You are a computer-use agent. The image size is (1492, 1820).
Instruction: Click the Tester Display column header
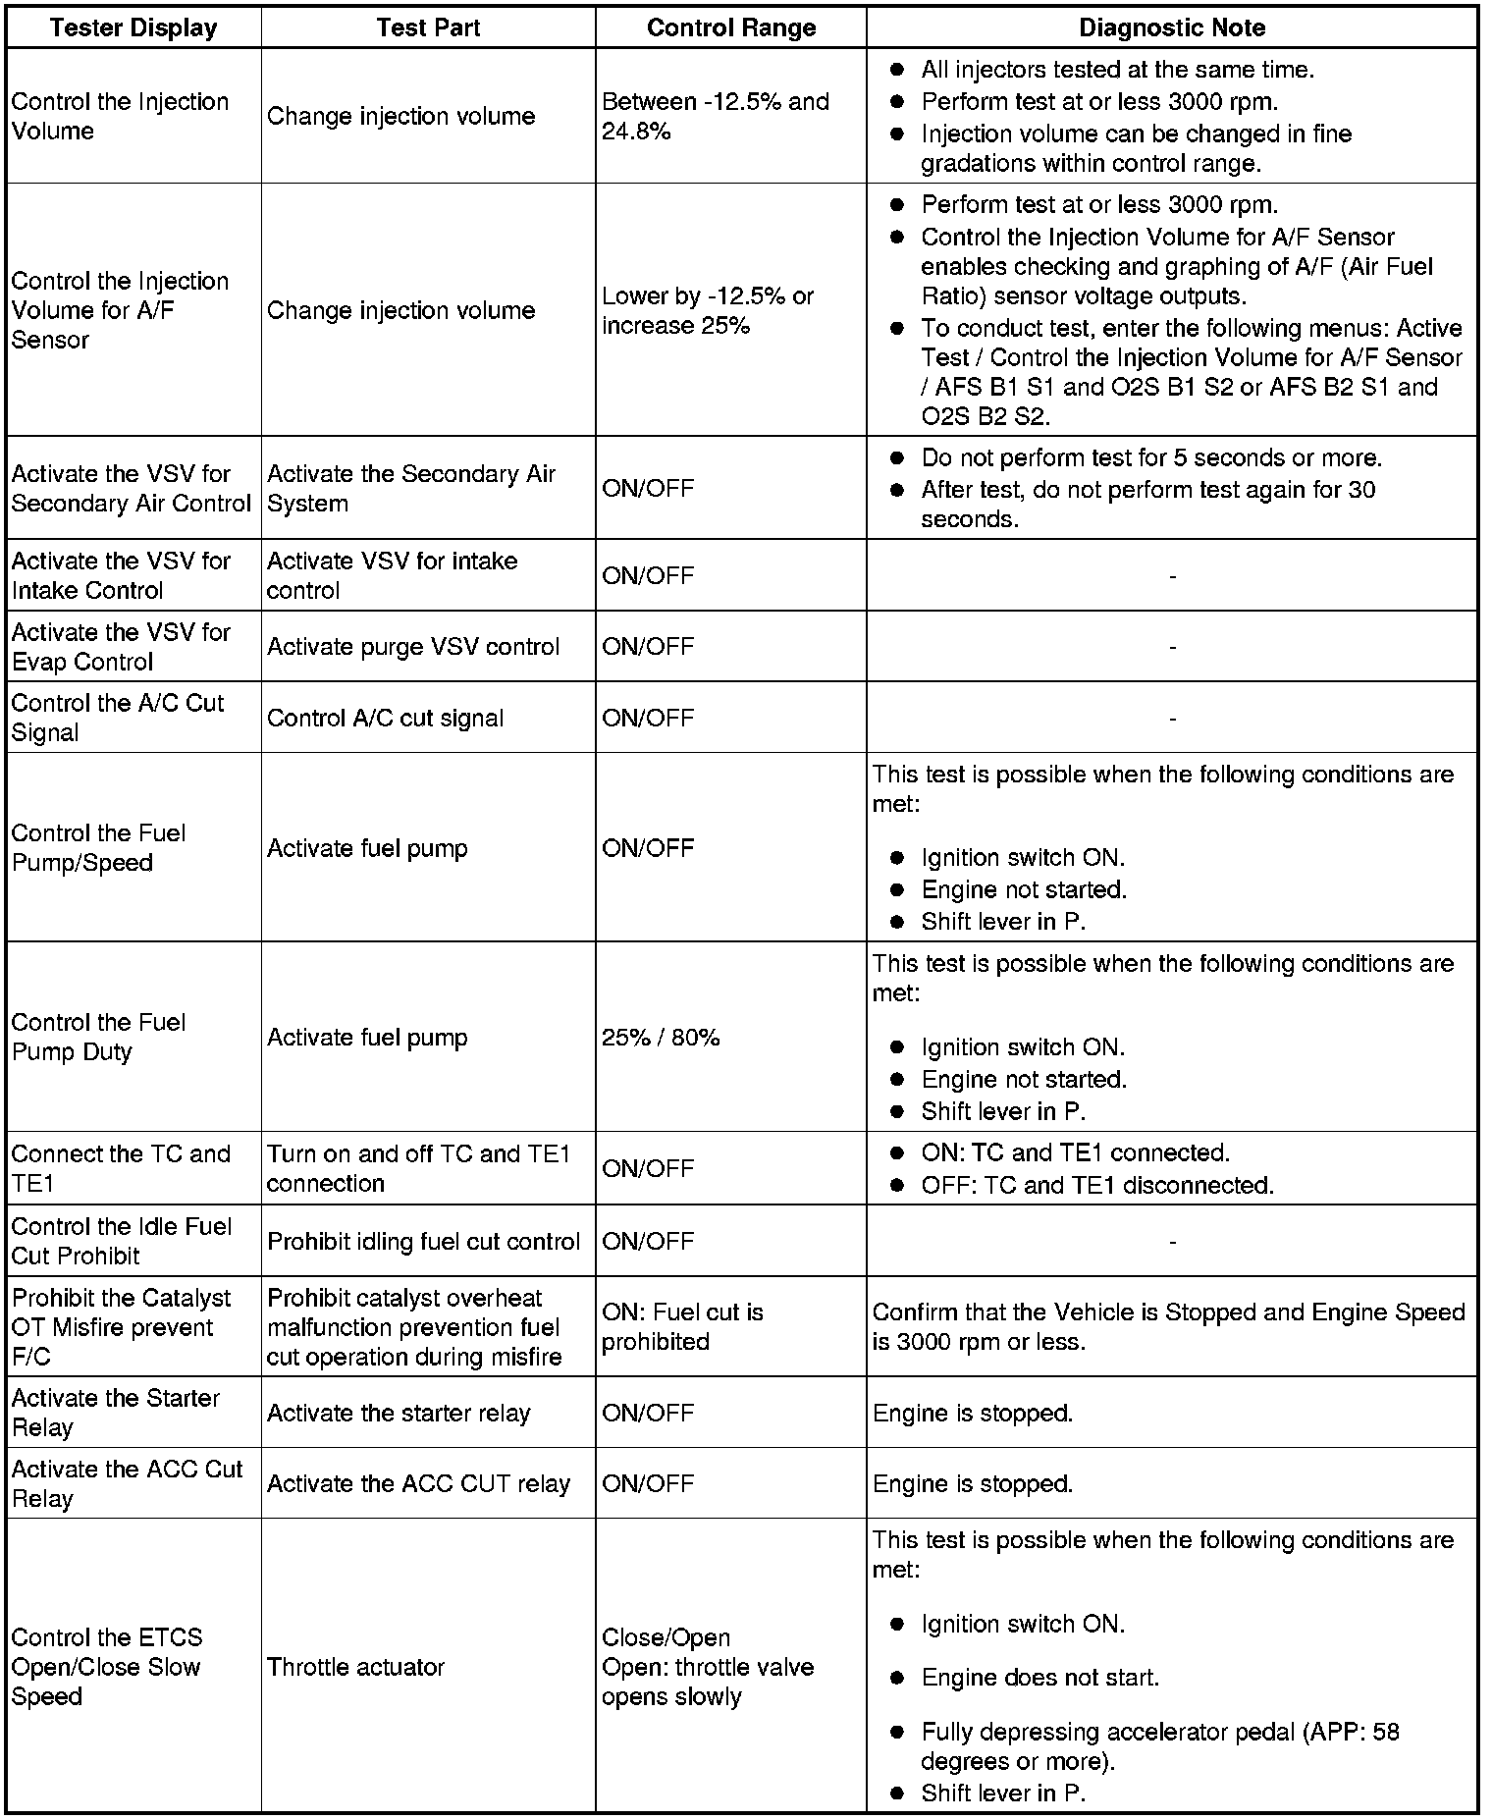click(x=133, y=27)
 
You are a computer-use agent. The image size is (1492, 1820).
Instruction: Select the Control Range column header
click(x=731, y=27)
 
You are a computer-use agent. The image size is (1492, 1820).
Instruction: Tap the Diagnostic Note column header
click(x=1172, y=27)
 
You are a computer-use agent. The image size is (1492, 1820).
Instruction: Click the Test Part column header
click(x=428, y=27)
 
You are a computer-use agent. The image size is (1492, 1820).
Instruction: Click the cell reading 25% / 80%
click(x=661, y=1038)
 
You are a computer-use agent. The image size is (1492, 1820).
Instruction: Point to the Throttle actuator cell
click(x=356, y=1667)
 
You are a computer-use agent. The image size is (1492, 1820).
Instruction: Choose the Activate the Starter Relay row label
click(x=116, y=1413)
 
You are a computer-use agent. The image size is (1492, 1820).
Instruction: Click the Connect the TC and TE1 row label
click(x=121, y=1168)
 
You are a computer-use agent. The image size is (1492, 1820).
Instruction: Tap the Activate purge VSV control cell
click(x=413, y=647)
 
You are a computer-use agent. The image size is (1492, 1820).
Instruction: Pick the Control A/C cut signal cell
click(x=385, y=718)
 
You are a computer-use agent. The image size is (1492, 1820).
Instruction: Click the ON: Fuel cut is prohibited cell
click(x=682, y=1326)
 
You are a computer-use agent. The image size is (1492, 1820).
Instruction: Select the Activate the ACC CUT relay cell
click(x=418, y=1483)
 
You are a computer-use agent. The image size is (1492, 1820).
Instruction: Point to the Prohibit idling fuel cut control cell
click(x=424, y=1241)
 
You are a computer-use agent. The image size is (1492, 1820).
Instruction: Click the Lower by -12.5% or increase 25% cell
click(x=708, y=310)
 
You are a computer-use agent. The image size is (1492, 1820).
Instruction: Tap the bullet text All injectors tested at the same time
click(x=1117, y=70)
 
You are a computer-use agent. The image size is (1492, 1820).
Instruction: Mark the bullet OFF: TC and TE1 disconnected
click(x=1097, y=1185)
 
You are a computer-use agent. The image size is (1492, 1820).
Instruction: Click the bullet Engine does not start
click(x=1040, y=1678)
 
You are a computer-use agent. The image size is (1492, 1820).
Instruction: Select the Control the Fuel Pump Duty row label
click(x=98, y=1037)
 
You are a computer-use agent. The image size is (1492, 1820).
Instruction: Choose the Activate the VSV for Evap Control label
click(x=121, y=647)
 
